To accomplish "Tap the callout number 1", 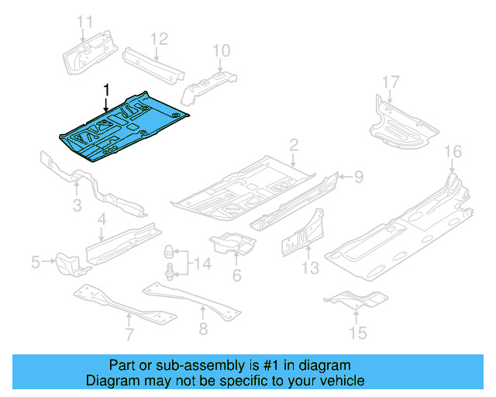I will tap(107, 90).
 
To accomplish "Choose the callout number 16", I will tap(453, 150).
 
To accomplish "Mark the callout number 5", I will tap(36, 264).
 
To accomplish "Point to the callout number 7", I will tap(129, 335).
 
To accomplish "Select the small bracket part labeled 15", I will tap(353, 298).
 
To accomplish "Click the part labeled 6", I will tap(232, 244).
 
